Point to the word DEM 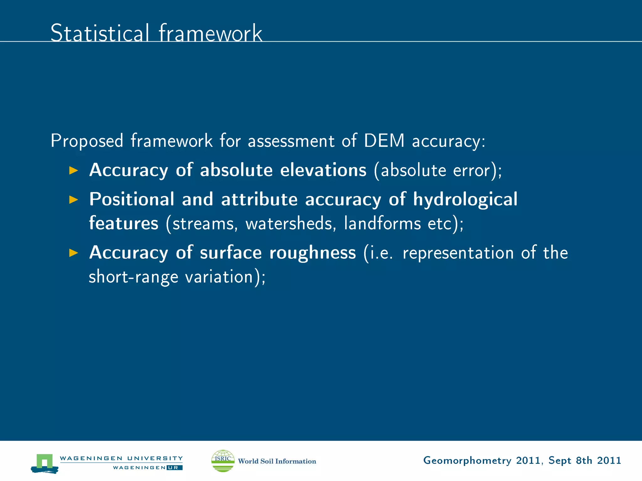pos(384,141)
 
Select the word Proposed pos(87,141)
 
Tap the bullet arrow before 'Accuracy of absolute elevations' pos(73,170)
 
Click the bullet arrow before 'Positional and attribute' pos(73,199)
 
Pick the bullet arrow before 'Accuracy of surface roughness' pos(73,253)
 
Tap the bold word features pos(124,223)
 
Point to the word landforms pos(382,224)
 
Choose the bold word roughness pos(313,253)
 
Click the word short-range pos(133,277)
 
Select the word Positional pos(132,199)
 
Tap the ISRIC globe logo pos(223,461)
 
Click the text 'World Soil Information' pos(277,461)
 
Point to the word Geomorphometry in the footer pos(467,461)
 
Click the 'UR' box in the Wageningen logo pos(174,468)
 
